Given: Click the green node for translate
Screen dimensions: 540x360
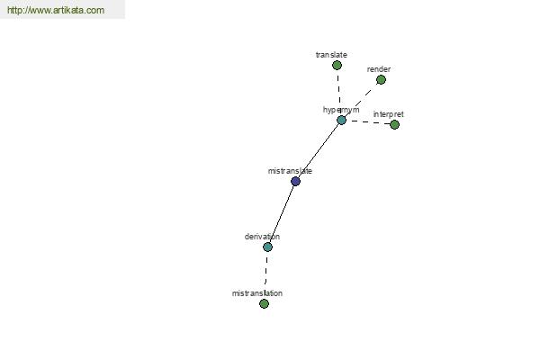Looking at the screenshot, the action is coord(337,65).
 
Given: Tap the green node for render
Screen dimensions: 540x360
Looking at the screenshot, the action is coord(381,79).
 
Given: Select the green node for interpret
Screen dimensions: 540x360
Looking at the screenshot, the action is coord(394,124).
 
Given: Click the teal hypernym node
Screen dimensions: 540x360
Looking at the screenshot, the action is coord(341,121).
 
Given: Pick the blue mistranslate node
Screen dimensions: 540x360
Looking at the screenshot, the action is coord(295,181).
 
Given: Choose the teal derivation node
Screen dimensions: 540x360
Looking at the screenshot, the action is coord(267,247).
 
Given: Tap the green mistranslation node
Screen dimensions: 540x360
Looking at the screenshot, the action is coord(264,303).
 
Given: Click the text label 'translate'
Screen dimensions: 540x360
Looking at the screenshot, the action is coord(331,54).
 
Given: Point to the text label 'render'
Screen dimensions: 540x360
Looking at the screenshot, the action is coord(379,69).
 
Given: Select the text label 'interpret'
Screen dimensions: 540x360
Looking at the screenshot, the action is coord(388,114).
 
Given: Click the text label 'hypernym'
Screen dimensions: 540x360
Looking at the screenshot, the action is coord(341,110).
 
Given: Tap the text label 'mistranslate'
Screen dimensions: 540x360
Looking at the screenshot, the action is coord(290,171).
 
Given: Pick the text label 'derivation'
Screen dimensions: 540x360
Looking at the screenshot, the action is coord(262,237).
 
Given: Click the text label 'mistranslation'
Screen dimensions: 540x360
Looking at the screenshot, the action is coord(257,293).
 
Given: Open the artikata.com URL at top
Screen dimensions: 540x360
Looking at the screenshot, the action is coord(56,10).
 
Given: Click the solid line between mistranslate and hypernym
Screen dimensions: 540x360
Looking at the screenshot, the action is coord(319,151).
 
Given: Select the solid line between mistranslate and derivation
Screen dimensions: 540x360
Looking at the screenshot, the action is coord(282,214).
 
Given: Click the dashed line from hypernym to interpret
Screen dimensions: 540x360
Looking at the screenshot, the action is coord(368,122).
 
